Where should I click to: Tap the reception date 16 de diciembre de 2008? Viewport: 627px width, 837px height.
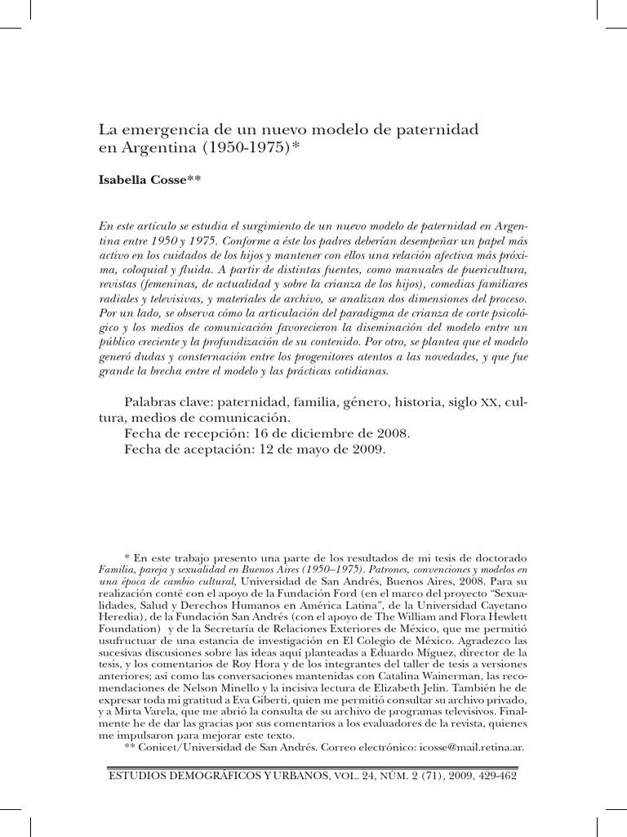coord(325,433)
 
